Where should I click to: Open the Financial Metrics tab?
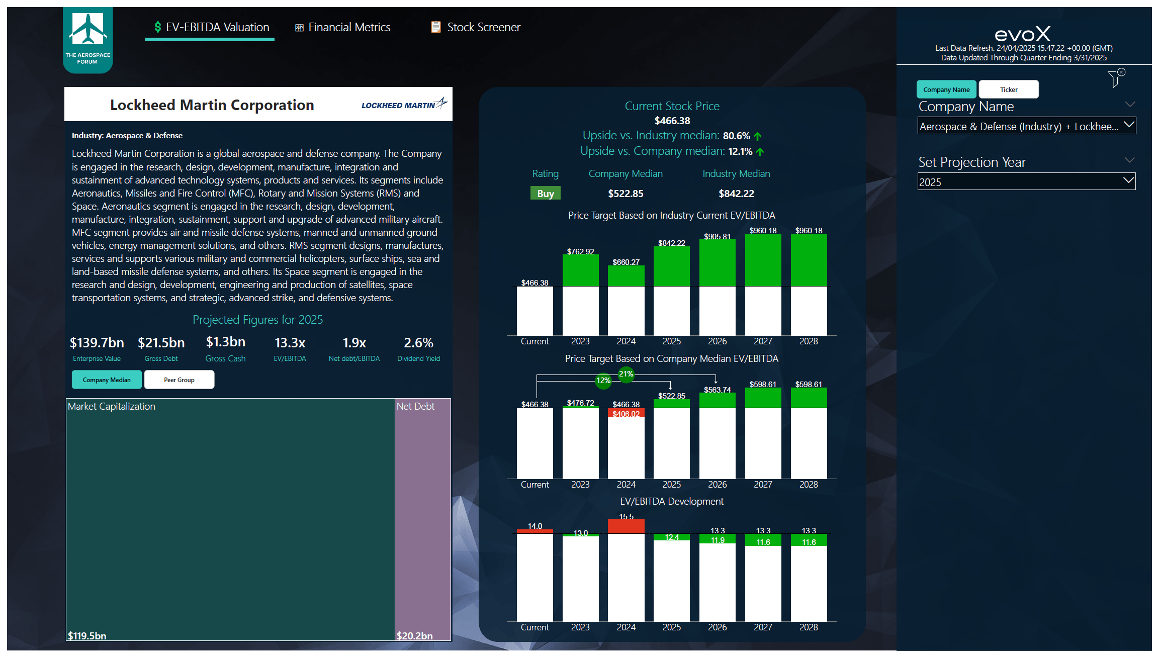pyautogui.click(x=343, y=27)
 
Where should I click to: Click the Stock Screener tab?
pyautogui.click(x=476, y=27)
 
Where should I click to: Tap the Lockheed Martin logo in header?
pyautogui.click(x=404, y=105)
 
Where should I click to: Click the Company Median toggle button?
pyautogui.click(x=107, y=380)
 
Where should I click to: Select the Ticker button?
pyautogui.click(x=1008, y=89)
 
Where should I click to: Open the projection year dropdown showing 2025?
pyautogui.click(x=1026, y=182)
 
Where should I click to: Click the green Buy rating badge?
pyautogui.click(x=545, y=194)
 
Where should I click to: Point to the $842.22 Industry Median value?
pyautogui.click(x=736, y=194)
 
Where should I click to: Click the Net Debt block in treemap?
pyautogui.click(x=422, y=518)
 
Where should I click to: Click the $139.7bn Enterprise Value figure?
pyautogui.click(x=97, y=343)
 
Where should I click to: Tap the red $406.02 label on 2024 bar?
pyautogui.click(x=626, y=414)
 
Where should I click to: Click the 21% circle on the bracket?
pyautogui.click(x=626, y=374)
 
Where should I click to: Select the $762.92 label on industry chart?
pyautogui.click(x=580, y=251)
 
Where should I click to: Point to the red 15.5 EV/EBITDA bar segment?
pyautogui.click(x=626, y=526)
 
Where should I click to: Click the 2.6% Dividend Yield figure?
pyautogui.click(x=418, y=343)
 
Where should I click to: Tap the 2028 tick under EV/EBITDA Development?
pyautogui.click(x=809, y=627)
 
